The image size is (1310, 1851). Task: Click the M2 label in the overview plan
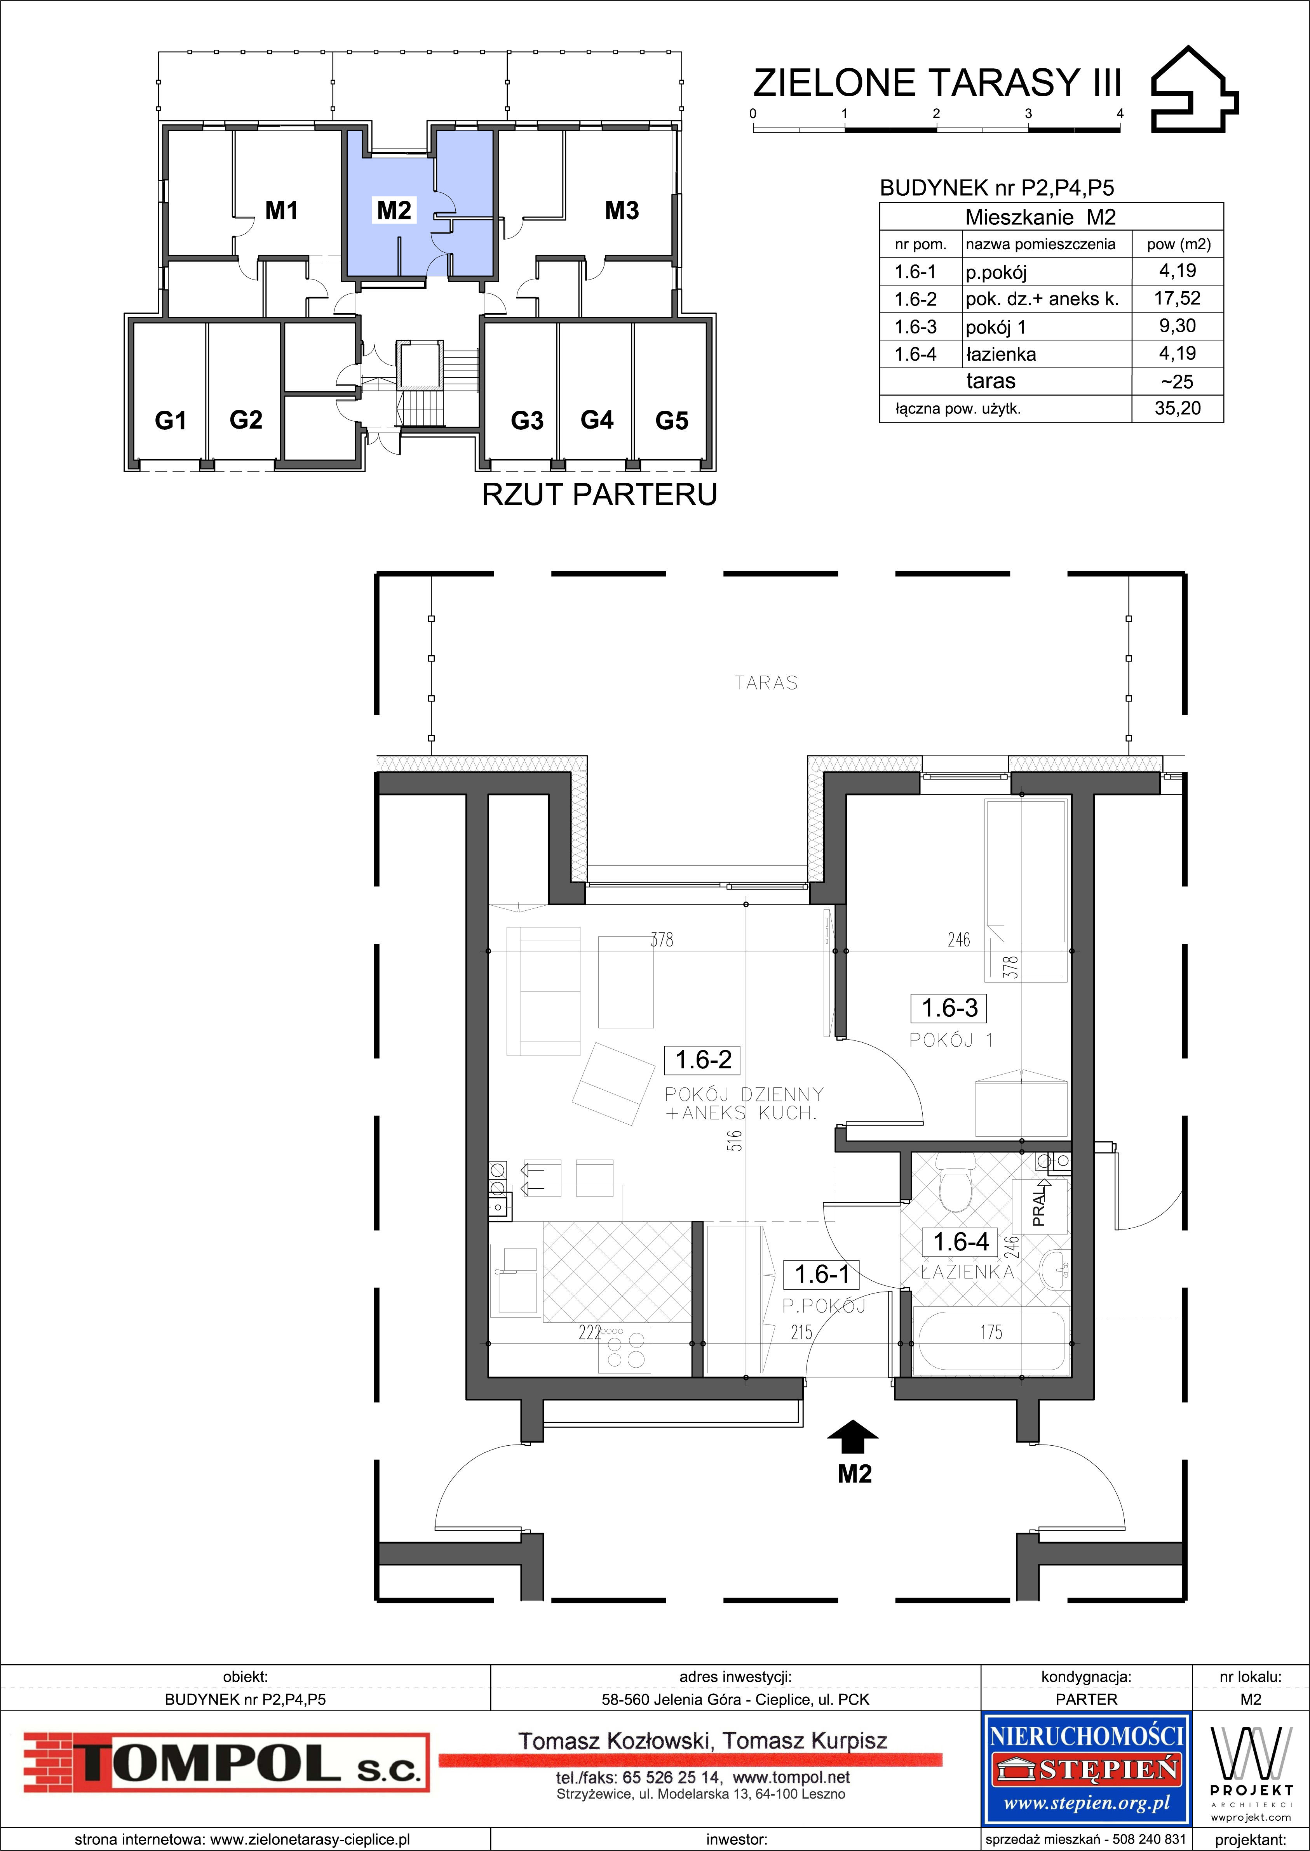394,210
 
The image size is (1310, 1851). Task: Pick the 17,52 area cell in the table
1177,298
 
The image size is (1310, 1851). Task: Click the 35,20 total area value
1177,408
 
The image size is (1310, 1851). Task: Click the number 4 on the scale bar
1120,114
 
